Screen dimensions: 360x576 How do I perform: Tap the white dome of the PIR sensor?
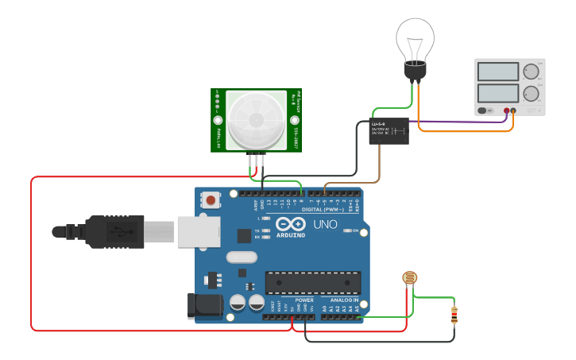point(256,119)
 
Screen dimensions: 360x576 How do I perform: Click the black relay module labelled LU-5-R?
point(389,131)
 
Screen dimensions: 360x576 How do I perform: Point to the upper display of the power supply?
point(498,71)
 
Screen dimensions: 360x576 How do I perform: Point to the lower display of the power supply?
point(498,93)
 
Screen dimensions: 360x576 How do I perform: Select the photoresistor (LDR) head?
point(409,278)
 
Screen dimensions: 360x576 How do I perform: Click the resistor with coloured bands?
point(454,315)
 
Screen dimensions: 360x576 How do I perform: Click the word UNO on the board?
point(326,225)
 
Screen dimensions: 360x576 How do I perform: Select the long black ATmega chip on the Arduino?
point(313,282)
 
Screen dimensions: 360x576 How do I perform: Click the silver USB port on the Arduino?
point(198,231)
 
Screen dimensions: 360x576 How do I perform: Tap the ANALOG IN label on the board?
point(343,300)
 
